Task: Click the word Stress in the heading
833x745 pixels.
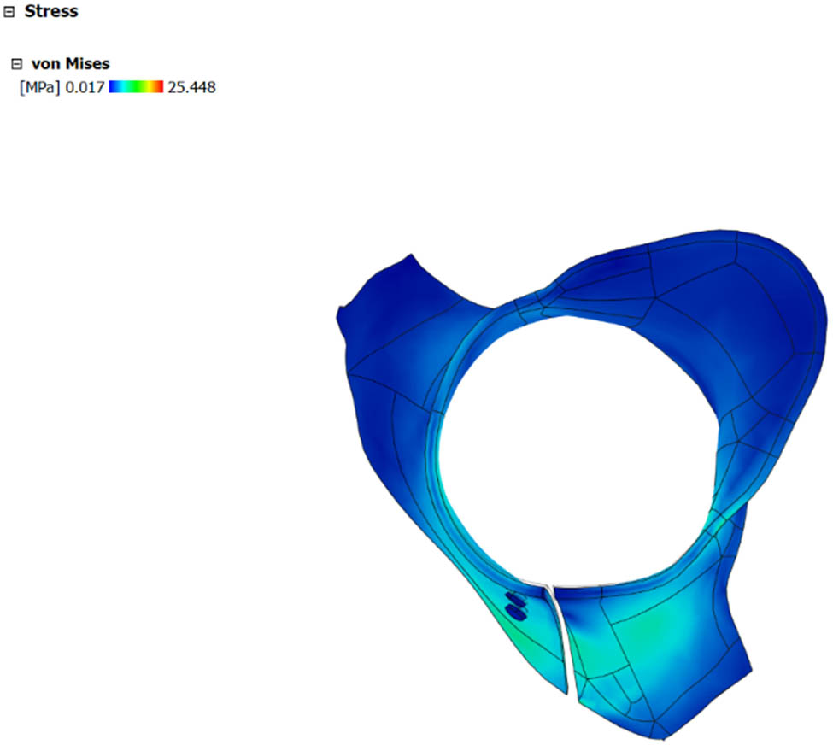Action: click(51, 12)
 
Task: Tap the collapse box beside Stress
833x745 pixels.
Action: click(9, 12)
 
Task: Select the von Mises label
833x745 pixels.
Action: click(70, 63)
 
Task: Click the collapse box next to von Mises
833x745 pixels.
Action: click(15, 64)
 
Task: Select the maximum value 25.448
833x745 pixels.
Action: click(191, 86)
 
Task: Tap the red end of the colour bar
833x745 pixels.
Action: click(159, 86)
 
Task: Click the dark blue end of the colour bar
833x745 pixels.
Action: click(113, 86)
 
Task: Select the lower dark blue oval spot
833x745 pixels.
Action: click(515, 610)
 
